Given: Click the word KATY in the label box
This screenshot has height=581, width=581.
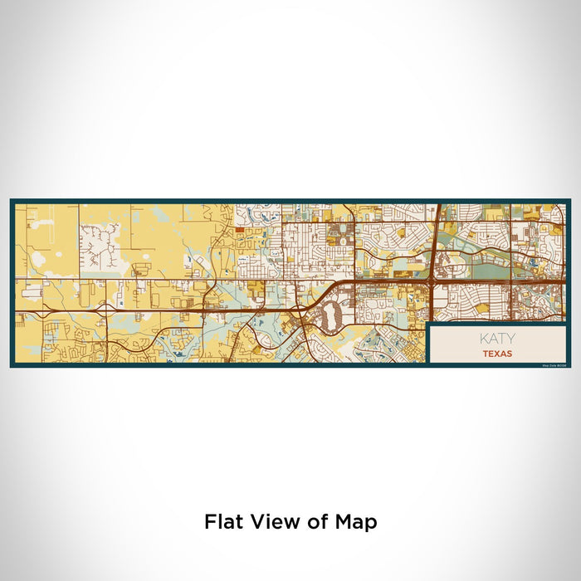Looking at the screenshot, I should [497, 339].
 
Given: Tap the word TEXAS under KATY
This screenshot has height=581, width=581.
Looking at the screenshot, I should [497, 354].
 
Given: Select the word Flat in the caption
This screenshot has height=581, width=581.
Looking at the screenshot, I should [222, 522].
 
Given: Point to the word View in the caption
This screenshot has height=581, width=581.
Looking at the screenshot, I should [269, 522].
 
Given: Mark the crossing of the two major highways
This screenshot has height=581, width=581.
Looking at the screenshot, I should [434, 283].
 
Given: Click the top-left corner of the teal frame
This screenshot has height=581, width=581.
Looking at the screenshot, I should [12, 200].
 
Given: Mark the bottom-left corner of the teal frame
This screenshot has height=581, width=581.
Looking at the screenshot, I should [12, 366].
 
